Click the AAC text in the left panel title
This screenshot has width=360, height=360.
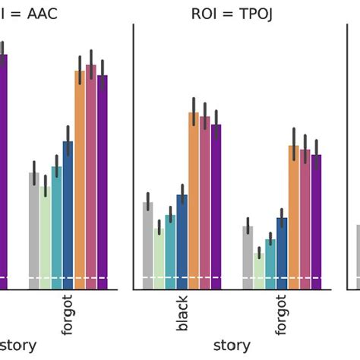(x=38, y=13)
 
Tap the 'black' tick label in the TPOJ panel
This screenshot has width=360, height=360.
(x=182, y=314)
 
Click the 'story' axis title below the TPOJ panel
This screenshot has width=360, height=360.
(x=232, y=345)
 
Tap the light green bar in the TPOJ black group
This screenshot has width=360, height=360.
(x=159, y=258)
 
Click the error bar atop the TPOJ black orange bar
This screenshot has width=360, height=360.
(x=194, y=106)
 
